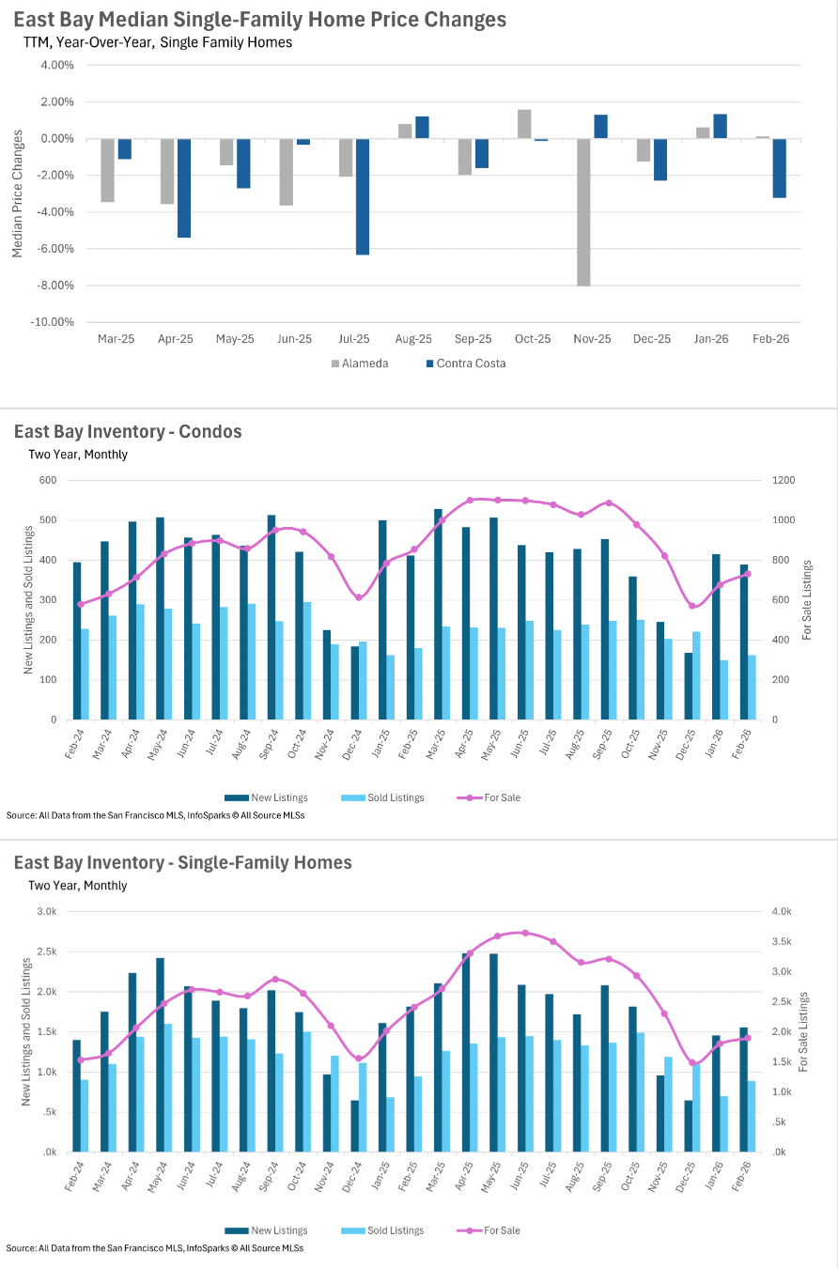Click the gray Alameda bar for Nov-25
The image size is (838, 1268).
tap(584, 211)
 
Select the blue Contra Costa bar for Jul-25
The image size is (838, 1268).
tap(363, 196)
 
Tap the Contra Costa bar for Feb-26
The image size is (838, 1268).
tap(780, 168)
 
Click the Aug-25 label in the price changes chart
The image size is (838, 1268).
tap(413, 339)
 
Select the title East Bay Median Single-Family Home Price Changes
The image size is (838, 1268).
tap(260, 20)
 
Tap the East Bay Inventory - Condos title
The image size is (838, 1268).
tap(128, 432)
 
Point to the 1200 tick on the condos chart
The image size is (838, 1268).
tap(784, 480)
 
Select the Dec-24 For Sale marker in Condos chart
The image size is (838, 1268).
tap(358, 597)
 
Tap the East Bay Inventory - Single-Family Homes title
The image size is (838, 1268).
tap(183, 862)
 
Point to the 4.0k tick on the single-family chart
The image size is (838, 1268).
tap(782, 911)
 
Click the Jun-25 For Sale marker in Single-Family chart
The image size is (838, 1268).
tap(525, 933)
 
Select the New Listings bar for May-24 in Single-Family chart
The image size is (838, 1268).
tap(161, 1055)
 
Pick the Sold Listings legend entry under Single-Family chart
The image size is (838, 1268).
tap(387, 1230)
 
